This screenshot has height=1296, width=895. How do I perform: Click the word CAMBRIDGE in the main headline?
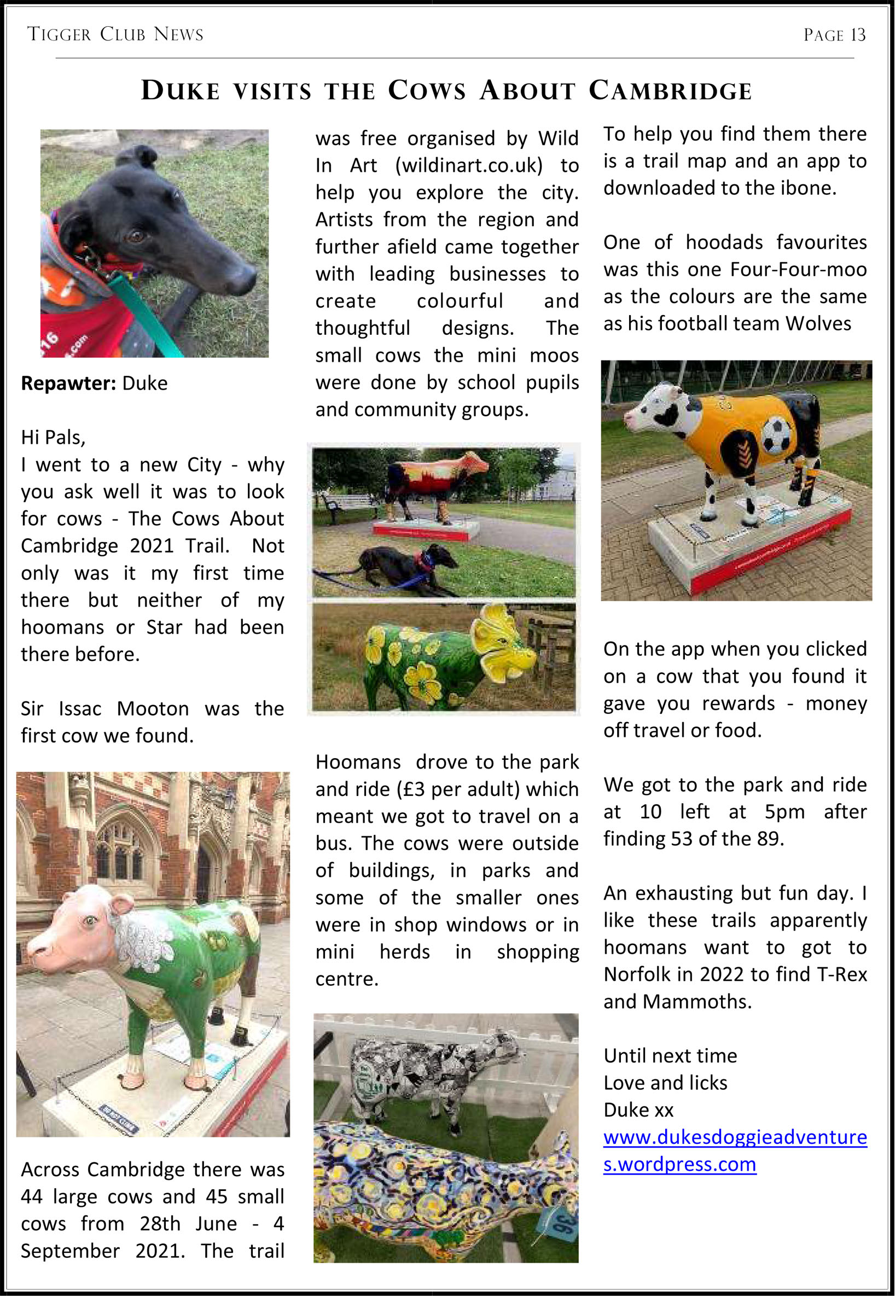670,91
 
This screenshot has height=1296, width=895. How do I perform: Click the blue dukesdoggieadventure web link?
735,1137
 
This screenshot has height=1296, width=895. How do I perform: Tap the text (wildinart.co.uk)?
469,165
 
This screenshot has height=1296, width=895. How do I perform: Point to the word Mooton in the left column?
153,709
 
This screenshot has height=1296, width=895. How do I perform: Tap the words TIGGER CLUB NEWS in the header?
115,34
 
